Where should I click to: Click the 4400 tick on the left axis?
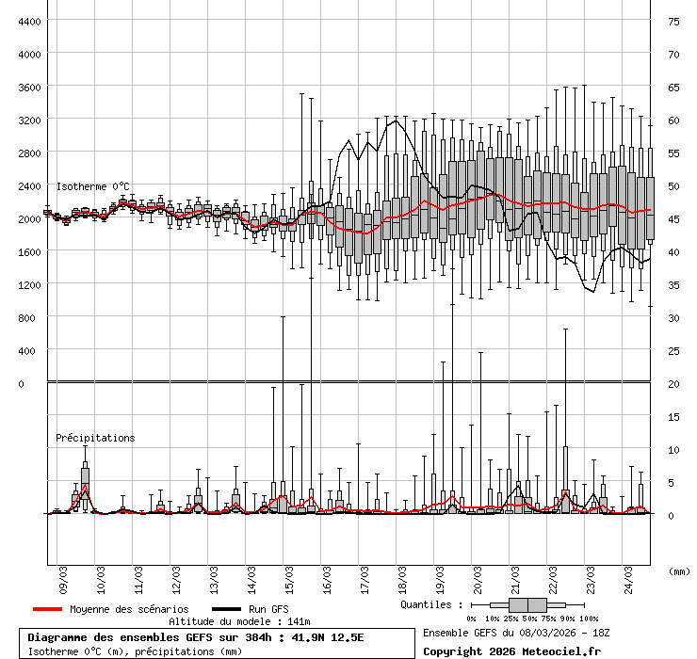tap(28, 21)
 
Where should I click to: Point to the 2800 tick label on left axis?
tap(28, 153)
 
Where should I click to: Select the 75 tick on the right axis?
tap(673, 21)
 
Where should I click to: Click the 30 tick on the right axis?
tap(673, 317)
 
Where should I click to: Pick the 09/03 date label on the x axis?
tap(63, 571)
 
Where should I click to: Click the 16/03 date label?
tap(327, 571)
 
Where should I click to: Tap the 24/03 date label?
tap(628, 571)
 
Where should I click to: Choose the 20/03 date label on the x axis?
tap(478, 571)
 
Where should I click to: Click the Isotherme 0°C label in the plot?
tap(93, 186)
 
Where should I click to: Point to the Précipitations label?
tap(95, 438)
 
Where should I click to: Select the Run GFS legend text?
tap(268, 609)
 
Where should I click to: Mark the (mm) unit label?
tap(678, 571)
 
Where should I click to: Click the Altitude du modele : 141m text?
tap(239, 621)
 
